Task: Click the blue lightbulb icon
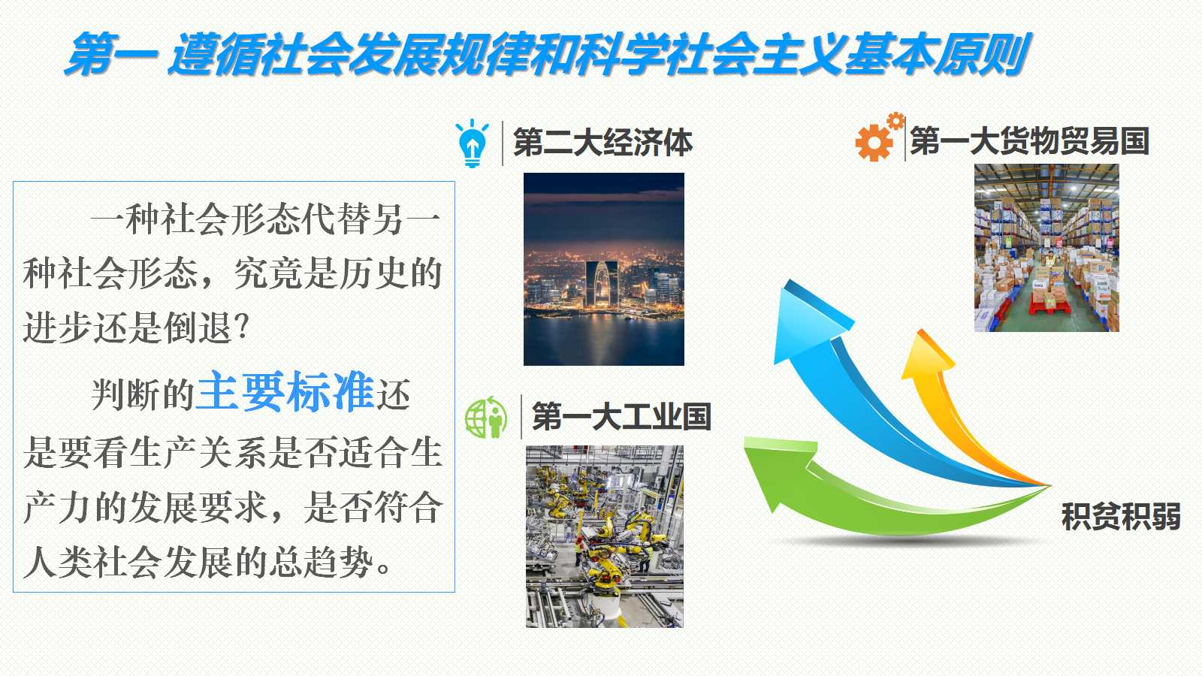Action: (x=472, y=143)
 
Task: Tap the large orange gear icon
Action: (x=874, y=142)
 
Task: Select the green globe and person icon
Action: (x=486, y=418)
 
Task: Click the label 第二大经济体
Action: (x=603, y=142)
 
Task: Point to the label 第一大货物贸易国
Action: (x=1030, y=141)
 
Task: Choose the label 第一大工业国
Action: (x=621, y=416)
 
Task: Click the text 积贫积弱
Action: (x=1121, y=517)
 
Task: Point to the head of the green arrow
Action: (x=778, y=472)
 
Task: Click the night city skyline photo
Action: (x=604, y=269)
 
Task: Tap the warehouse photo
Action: (x=1046, y=248)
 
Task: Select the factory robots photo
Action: (x=604, y=536)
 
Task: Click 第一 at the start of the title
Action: (x=112, y=54)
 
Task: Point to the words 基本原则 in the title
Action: (x=936, y=54)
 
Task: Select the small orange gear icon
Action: (x=895, y=121)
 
